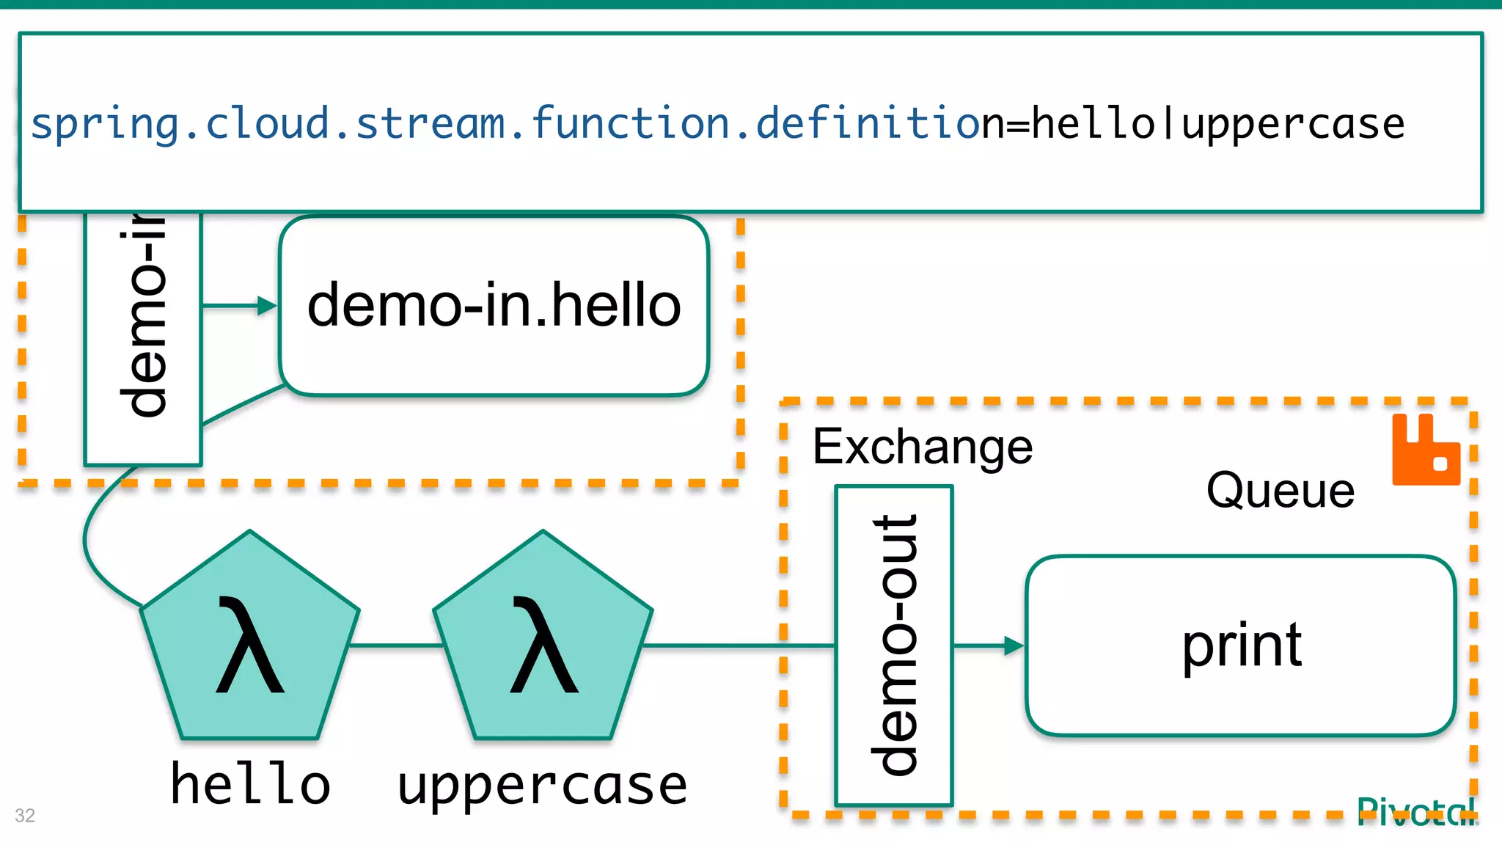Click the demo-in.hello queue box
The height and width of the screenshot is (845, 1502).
(x=494, y=306)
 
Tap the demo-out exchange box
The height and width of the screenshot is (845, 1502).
(x=894, y=645)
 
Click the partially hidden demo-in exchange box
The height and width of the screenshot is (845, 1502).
(x=143, y=337)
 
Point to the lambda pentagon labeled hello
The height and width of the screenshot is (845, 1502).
(x=249, y=645)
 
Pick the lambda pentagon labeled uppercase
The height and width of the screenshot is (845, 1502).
(x=543, y=645)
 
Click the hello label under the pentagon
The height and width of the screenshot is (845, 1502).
(x=250, y=784)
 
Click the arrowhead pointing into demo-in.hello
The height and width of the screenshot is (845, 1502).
(x=267, y=306)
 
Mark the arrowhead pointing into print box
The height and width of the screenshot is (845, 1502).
(x=1014, y=645)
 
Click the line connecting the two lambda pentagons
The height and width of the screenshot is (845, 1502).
(x=396, y=645)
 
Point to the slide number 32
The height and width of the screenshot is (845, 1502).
(x=25, y=815)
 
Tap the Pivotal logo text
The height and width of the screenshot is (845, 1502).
(x=1415, y=813)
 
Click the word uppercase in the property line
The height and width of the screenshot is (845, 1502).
(x=1293, y=123)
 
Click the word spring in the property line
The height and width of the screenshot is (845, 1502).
(x=105, y=123)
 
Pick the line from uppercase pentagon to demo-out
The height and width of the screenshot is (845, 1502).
(x=737, y=645)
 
